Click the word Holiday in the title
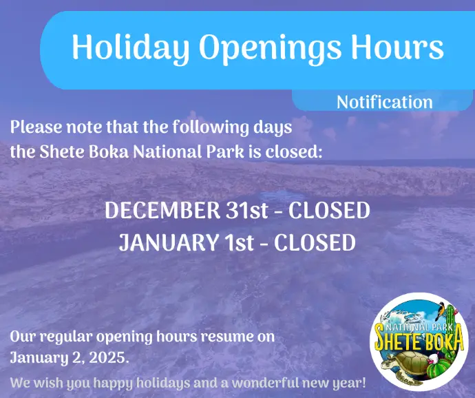click(131, 48)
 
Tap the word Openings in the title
click(270, 48)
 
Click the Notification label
click(384, 102)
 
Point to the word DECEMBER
click(162, 210)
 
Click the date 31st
click(246, 210)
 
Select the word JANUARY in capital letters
click(168, 242)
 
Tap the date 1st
click(238, 242)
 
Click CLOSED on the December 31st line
click(329, 210)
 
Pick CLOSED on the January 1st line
click(315, 242)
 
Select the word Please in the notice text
click(36, 127)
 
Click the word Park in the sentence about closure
click(225, 151)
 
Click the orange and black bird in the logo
click(439, 311)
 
